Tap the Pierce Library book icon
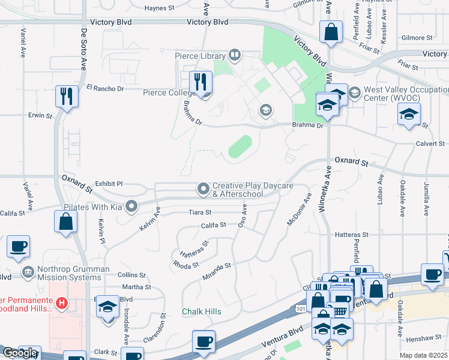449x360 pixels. click(x=234, y=56)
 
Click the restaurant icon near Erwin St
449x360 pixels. click(x=66, y=96)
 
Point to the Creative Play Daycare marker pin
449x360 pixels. click(x=204, y=189)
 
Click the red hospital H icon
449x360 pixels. click(x=61, y=304)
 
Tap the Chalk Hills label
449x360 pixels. click(x=202, y=312)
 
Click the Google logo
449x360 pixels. click(x=20, y=353)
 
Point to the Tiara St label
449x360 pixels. click(x=200, y=212)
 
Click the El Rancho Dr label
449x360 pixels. click(x=104, y=88)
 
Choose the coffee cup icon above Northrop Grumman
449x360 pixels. click(x=18, y=246)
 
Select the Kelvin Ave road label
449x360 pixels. click(x=151, y=220)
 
